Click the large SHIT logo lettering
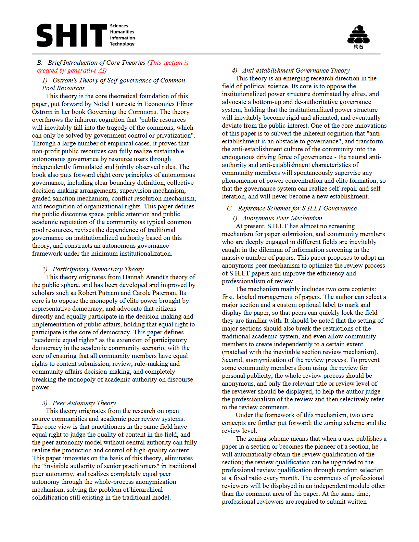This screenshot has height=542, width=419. tap(72, 35)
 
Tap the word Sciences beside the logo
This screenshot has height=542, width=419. tap(119, 26)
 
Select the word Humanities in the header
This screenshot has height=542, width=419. tap(122, 32)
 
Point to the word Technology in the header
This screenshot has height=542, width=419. tap(122, 44)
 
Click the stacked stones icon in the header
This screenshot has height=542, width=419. tap(358, 34)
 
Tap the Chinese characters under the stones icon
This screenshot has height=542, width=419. tap(358, 47)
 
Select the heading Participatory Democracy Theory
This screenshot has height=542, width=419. tap(98, 269)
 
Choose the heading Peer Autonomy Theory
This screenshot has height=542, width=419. tap(84, 403)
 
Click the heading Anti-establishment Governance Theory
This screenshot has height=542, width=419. tap(296, 70)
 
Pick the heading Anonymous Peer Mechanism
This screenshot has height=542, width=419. tap(282, 218)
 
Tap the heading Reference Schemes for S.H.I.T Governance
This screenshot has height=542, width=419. tap(297, 208)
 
